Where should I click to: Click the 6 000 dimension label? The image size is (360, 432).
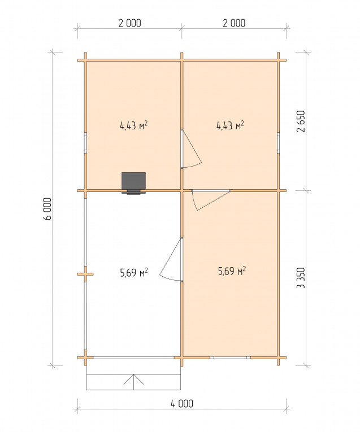point(47,208)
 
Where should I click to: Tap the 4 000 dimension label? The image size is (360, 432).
point(182,404)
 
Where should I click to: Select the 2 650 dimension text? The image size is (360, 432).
point(301,121)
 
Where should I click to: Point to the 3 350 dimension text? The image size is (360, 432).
point(301,278)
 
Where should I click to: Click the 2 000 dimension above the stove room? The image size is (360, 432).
point(129,23)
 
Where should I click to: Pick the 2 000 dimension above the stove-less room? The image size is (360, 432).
point(234,23)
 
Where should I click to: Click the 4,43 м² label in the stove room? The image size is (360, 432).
point(134,125)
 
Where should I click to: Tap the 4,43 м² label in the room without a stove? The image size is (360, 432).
point(230,125)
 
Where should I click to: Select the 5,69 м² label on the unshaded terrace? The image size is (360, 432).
point(134,273)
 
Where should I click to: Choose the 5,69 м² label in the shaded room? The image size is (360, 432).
point(232,271)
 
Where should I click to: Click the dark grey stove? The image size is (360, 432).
point(134,183)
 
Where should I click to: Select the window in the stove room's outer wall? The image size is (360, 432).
point(85,143)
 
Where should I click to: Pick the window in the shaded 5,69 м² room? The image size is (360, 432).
point(231,357)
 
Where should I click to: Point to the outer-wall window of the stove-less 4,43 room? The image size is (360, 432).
point(279,143)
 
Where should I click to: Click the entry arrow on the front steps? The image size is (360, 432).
point(134,382)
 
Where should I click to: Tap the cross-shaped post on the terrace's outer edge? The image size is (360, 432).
point(85,274)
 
